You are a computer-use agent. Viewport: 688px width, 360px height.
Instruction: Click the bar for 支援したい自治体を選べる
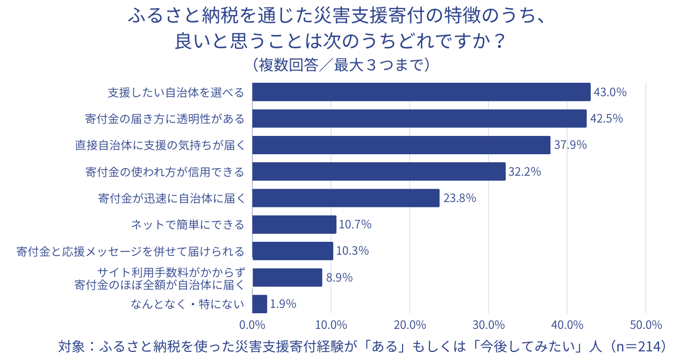pyautogui.click(x=421, y=92)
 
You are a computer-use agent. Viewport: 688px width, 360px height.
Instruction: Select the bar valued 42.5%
pyautogui.click(x=419, y=118)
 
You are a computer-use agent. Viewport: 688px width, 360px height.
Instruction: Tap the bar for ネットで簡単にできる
pyautogui.click(x=294, y=225)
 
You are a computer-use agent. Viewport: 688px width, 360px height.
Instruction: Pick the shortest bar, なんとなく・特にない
pyautogui.click(x=260, y=304)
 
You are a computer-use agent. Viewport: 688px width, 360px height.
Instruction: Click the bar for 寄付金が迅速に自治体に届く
pyautogui.click(x=346, y=198)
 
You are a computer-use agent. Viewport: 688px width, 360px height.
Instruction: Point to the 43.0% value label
pyautogui.click(x=610, y=92)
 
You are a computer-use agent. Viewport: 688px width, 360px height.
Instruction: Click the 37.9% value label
pyautogui.click(x=570, y=145)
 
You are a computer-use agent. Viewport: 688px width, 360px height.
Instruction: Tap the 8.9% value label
pyautogui.click(x=339, y=277)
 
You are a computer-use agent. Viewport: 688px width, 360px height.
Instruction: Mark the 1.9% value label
pyautogui.click(x=283, y=304)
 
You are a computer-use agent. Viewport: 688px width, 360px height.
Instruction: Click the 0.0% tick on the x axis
pyautogui.click(x=252, y=325)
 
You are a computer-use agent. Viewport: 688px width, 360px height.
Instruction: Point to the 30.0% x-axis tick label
pyautogui.click(x=488, y=325)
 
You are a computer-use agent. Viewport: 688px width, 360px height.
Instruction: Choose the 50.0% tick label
pyautogui.click(x=646, y=325)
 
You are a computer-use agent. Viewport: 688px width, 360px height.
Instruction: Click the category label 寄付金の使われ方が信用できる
pyautogui.click(x=164, y=172)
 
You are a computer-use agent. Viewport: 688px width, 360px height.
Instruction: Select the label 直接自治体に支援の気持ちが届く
pyautogui.click(x=160, y=145)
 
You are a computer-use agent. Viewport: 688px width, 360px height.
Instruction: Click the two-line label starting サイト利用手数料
pyautogui.click(x=160, y=278)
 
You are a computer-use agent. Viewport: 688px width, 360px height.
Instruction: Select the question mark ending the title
pyautogui.click(x=500, y=41)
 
